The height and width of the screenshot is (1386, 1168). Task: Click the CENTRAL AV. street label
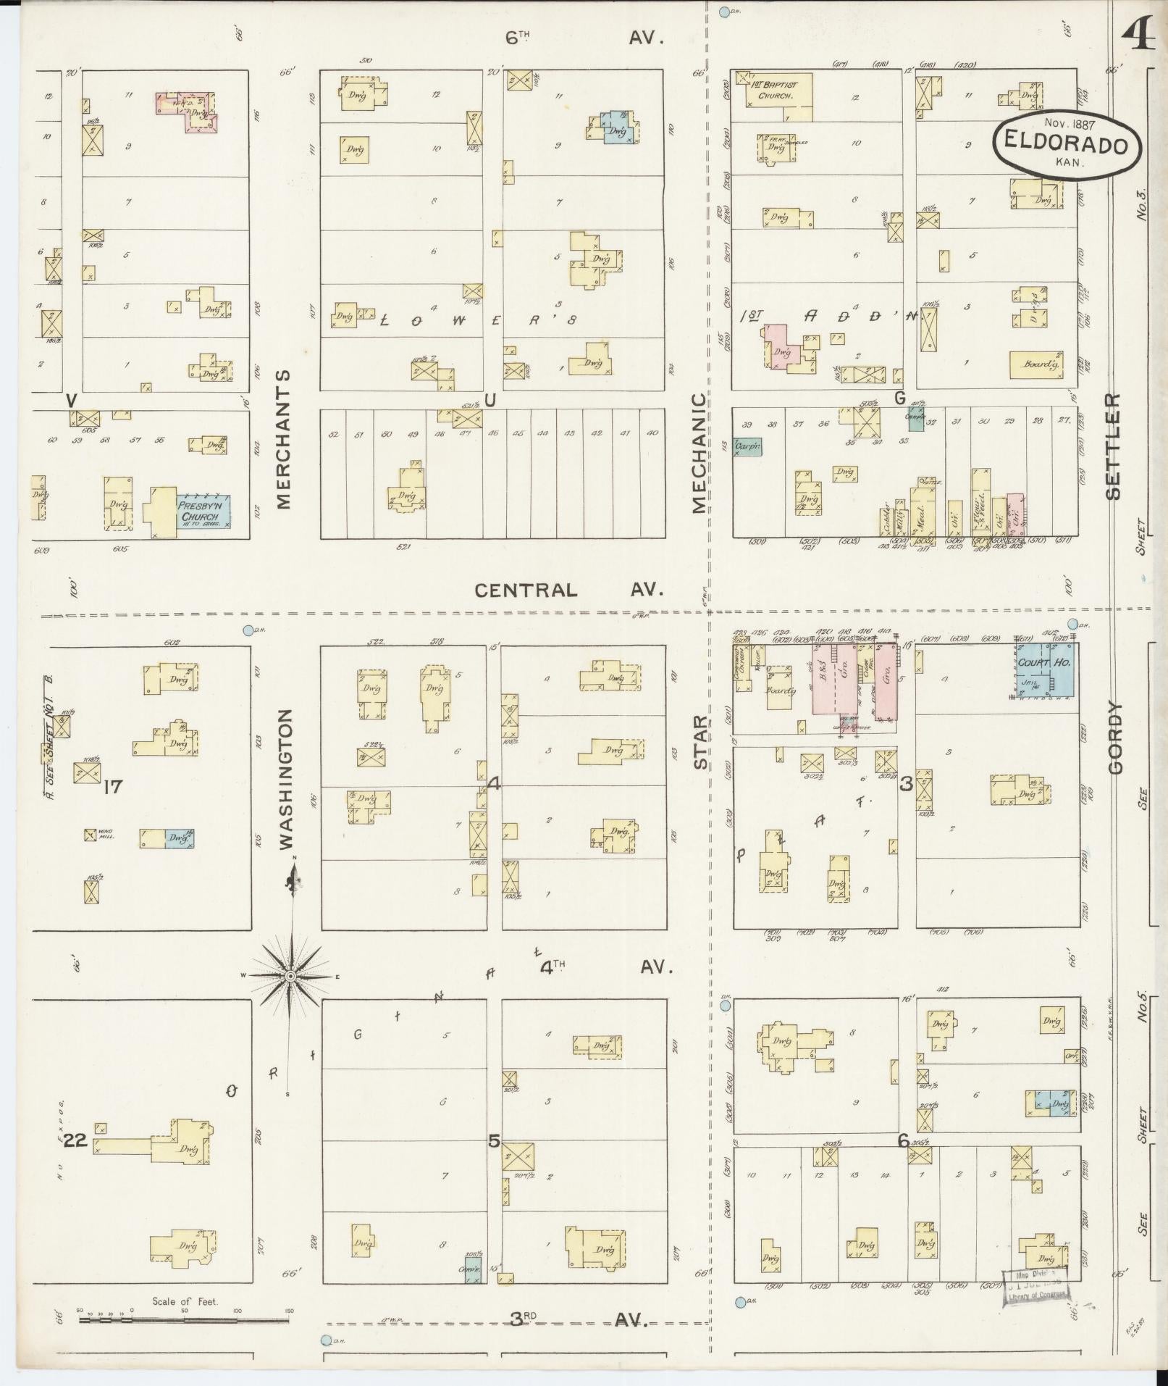tap(568, 590)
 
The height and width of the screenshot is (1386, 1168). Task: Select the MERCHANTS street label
tap(283, 440)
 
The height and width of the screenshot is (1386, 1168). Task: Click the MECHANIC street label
tap(698, 453)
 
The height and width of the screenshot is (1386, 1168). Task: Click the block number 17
tap(113, 785)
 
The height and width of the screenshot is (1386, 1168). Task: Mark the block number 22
tap(75, 1140)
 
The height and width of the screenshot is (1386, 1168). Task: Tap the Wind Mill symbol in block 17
tap(91, 835)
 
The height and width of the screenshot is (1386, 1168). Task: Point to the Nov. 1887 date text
tap(1064, 125)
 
